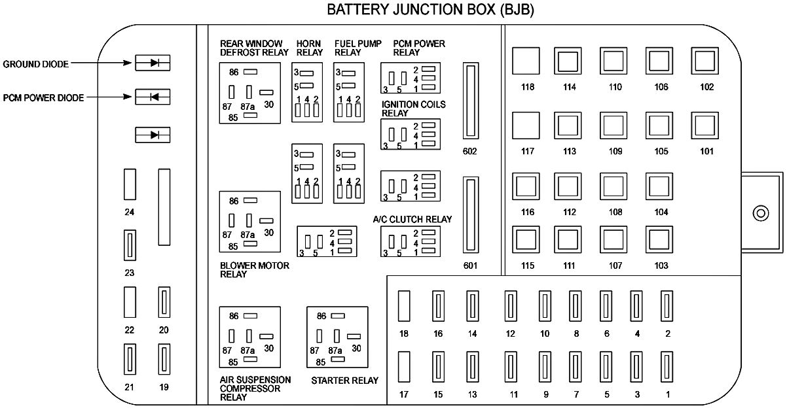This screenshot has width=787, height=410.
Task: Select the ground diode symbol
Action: [153, 63]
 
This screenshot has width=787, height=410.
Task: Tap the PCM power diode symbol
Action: [153, 97]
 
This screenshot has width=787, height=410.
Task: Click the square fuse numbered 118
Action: [526, 61]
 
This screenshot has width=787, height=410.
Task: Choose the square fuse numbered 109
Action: [614, 126]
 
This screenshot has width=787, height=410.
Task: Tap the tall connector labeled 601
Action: [469, 215]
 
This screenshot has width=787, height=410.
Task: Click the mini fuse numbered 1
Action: [667, 369]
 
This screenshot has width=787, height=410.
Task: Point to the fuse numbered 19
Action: [164, 359]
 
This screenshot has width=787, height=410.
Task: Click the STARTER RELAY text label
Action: [344, 380]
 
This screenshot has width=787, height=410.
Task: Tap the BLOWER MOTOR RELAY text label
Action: [254, 270]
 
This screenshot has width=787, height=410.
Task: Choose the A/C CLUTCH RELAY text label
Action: [412, 219]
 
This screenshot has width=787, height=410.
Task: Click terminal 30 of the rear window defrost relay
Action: [267, 92]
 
